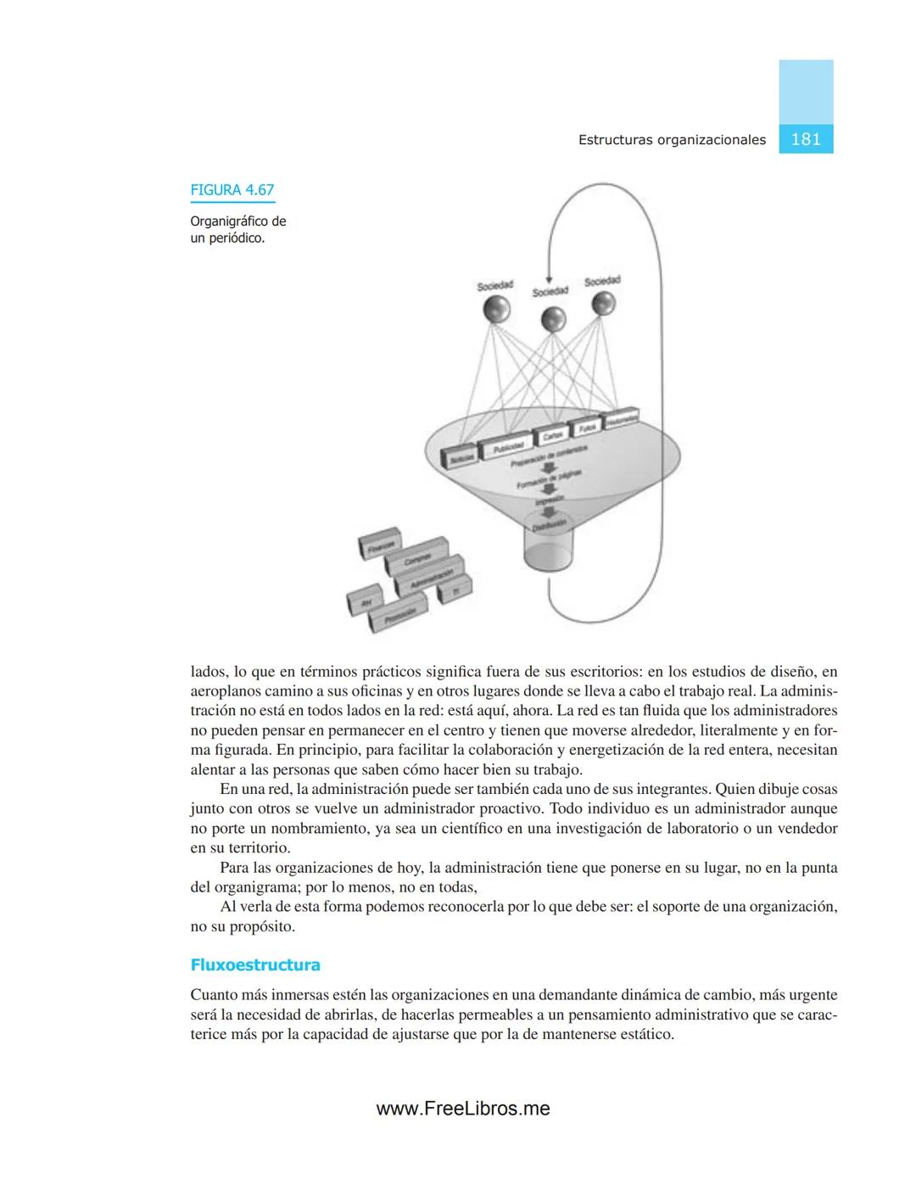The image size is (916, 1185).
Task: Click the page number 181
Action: (x=805, y=139)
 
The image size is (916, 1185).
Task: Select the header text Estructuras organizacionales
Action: (x=672, y=140)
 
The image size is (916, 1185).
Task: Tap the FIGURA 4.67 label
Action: (x=232, y=190)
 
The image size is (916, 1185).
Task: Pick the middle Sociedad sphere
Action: (x=552, y=319)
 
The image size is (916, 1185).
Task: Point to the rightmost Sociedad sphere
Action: (x=603, y=304)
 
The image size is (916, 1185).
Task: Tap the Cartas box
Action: (x=552, y=435)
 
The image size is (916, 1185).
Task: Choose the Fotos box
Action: (x=585, y=428)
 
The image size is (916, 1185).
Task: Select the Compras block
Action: (x=416, y=558)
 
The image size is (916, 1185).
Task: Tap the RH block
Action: (x=366, y=601)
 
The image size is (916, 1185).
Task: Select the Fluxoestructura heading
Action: (x=255, y=964)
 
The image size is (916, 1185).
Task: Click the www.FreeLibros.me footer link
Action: (x=463, y=1109)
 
